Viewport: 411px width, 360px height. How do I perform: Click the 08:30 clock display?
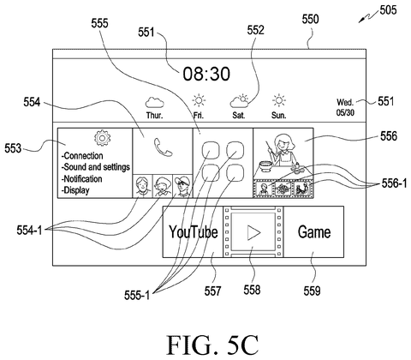pyautogui.click(x=206, y=74)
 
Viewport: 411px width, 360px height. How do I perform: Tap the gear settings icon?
pyautogui.click(x=102, y=138)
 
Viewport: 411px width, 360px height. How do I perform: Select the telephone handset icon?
pyautogui.click(x=163, y=147)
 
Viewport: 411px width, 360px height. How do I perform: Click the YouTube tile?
pyautogui.click(x=193, y=231)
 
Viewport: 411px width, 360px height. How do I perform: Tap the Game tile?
pyautogui.click(x=313, y=231)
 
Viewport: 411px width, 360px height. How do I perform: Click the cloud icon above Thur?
pyautogui.click(x=154, y=103)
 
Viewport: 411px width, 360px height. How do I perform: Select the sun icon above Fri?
pyautogui.click(x=199, y=100)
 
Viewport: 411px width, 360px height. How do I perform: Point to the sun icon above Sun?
pyautogui.click(x=278, y=100)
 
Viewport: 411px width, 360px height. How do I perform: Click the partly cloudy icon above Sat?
pyautogui.click(x=239, y=101)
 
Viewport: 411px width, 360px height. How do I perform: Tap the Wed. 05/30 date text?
pyautogui.click(x=345, y=107)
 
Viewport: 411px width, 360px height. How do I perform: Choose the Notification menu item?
pyautogui.click(x=81, y=179)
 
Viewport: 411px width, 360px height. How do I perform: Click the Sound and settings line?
pyautogui.click(x=96, y=167)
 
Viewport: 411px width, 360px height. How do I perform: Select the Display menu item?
pyautogui.click(x=75, y=190)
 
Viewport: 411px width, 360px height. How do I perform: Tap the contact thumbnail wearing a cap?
pyautogui.click(x=182, y=186)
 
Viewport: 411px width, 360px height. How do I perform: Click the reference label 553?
pyautogui.click(x=13, y=148)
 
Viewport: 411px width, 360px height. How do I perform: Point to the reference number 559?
pyautogui.click(x=312, y=291)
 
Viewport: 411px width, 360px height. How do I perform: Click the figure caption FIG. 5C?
pyautogui.click(x=212, y=345)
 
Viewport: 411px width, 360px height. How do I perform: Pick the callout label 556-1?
pyautogui.click(x=395, y=183)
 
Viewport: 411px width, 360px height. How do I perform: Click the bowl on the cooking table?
pyautogui.click(x=266, y=166)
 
